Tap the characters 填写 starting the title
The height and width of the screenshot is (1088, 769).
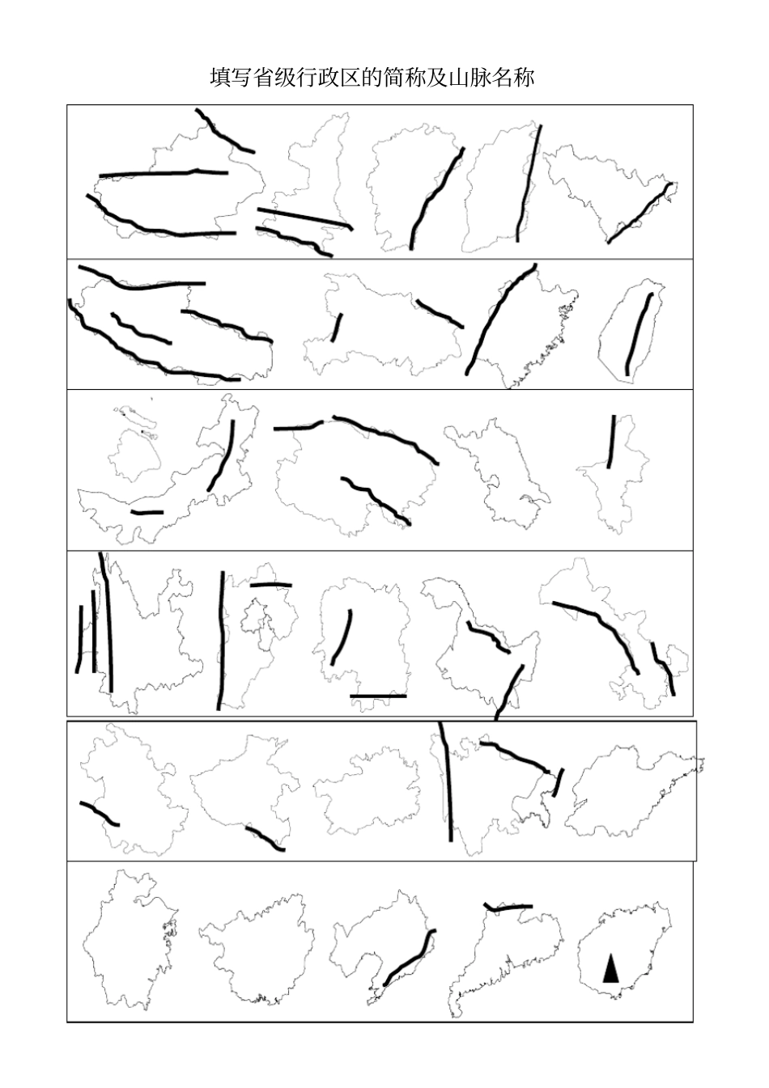[232, 78]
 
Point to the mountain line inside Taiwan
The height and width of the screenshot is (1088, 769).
[638, 334]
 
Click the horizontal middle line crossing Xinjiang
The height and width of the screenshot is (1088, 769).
[164, 173]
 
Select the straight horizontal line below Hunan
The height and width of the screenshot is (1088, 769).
[378, 696]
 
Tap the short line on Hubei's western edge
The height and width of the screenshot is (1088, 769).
[337, 328]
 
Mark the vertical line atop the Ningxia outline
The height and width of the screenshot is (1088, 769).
[611, 442]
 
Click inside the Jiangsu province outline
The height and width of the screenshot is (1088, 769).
[506, 473]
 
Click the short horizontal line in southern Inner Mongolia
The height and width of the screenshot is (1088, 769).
[147, 512]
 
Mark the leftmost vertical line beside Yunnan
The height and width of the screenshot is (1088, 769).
[80, 639]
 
